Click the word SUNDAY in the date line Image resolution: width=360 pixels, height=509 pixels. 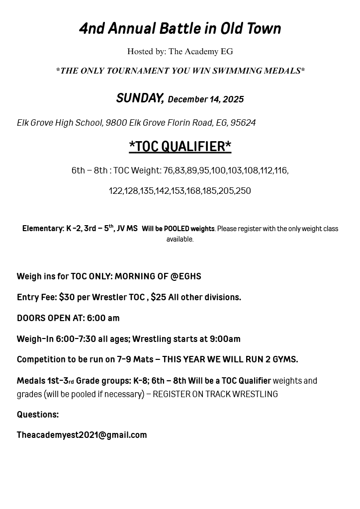[x=140, y=98]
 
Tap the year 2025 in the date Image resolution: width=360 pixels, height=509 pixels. [x=233, y=99]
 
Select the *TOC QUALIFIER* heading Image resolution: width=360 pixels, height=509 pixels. [x=180, y=146]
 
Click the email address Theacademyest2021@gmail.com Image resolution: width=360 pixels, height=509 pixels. [x=82, y=435]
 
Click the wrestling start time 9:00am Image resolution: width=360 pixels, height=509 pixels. [x=225, y=339]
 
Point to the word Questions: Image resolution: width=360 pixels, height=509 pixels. [x=38, y=415]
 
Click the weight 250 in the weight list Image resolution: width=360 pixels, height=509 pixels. [x=243, y=191]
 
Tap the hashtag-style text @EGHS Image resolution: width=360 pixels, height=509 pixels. [x=186, y=276]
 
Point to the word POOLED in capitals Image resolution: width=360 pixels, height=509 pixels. [x=177, y=229]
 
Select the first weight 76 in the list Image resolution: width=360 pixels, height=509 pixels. [x=168, y=170]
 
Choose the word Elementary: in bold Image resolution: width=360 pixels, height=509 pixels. [x=43, y=229]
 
